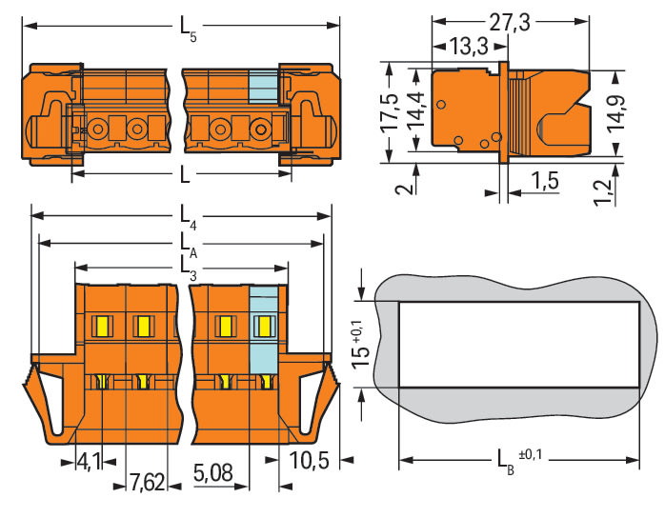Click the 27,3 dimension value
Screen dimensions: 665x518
pos(510,23)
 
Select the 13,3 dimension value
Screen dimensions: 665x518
pos(469,46)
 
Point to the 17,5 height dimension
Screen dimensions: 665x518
pos(390,112)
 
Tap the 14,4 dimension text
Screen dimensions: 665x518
pos(415,110)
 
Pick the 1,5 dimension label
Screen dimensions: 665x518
pos(545,180)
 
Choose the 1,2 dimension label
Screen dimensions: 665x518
pos(603,192)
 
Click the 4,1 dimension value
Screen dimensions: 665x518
pos(89,461)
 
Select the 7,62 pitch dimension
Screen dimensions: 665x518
pos(147,482)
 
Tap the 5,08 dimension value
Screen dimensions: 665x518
pos(213,472)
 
